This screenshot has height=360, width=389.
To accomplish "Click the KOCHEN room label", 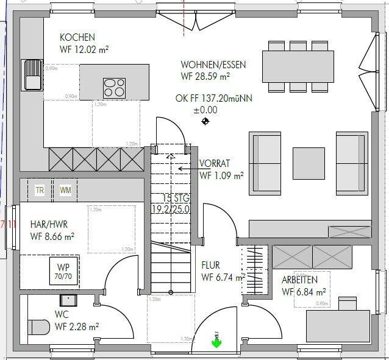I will click(x=77, y=38).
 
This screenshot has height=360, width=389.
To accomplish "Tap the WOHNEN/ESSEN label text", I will click(x=205, y=65).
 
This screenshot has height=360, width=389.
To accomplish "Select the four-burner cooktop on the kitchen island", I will click(x=114, y=87).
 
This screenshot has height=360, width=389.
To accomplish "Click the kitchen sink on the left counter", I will click(x=31, y=74).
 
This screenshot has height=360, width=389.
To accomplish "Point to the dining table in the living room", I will click(x=298, y=66).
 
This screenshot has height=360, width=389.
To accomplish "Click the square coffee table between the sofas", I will click(x=309, y=163).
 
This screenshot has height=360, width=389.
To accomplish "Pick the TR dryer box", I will click(x=40, y=190).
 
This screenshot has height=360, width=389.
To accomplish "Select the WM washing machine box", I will click(x=65, y=190).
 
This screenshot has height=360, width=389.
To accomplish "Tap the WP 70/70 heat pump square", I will click(x=63, y=270).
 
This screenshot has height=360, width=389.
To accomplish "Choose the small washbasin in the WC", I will click(x=67, y=300).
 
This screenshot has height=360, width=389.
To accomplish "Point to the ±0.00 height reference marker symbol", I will click(x=205, y=121).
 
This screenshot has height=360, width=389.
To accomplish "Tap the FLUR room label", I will click(x=210, y=266).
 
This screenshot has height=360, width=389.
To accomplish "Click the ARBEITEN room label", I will click(x=299, y=280).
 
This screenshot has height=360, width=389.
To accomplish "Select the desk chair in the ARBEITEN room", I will click(x=347, y=303).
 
